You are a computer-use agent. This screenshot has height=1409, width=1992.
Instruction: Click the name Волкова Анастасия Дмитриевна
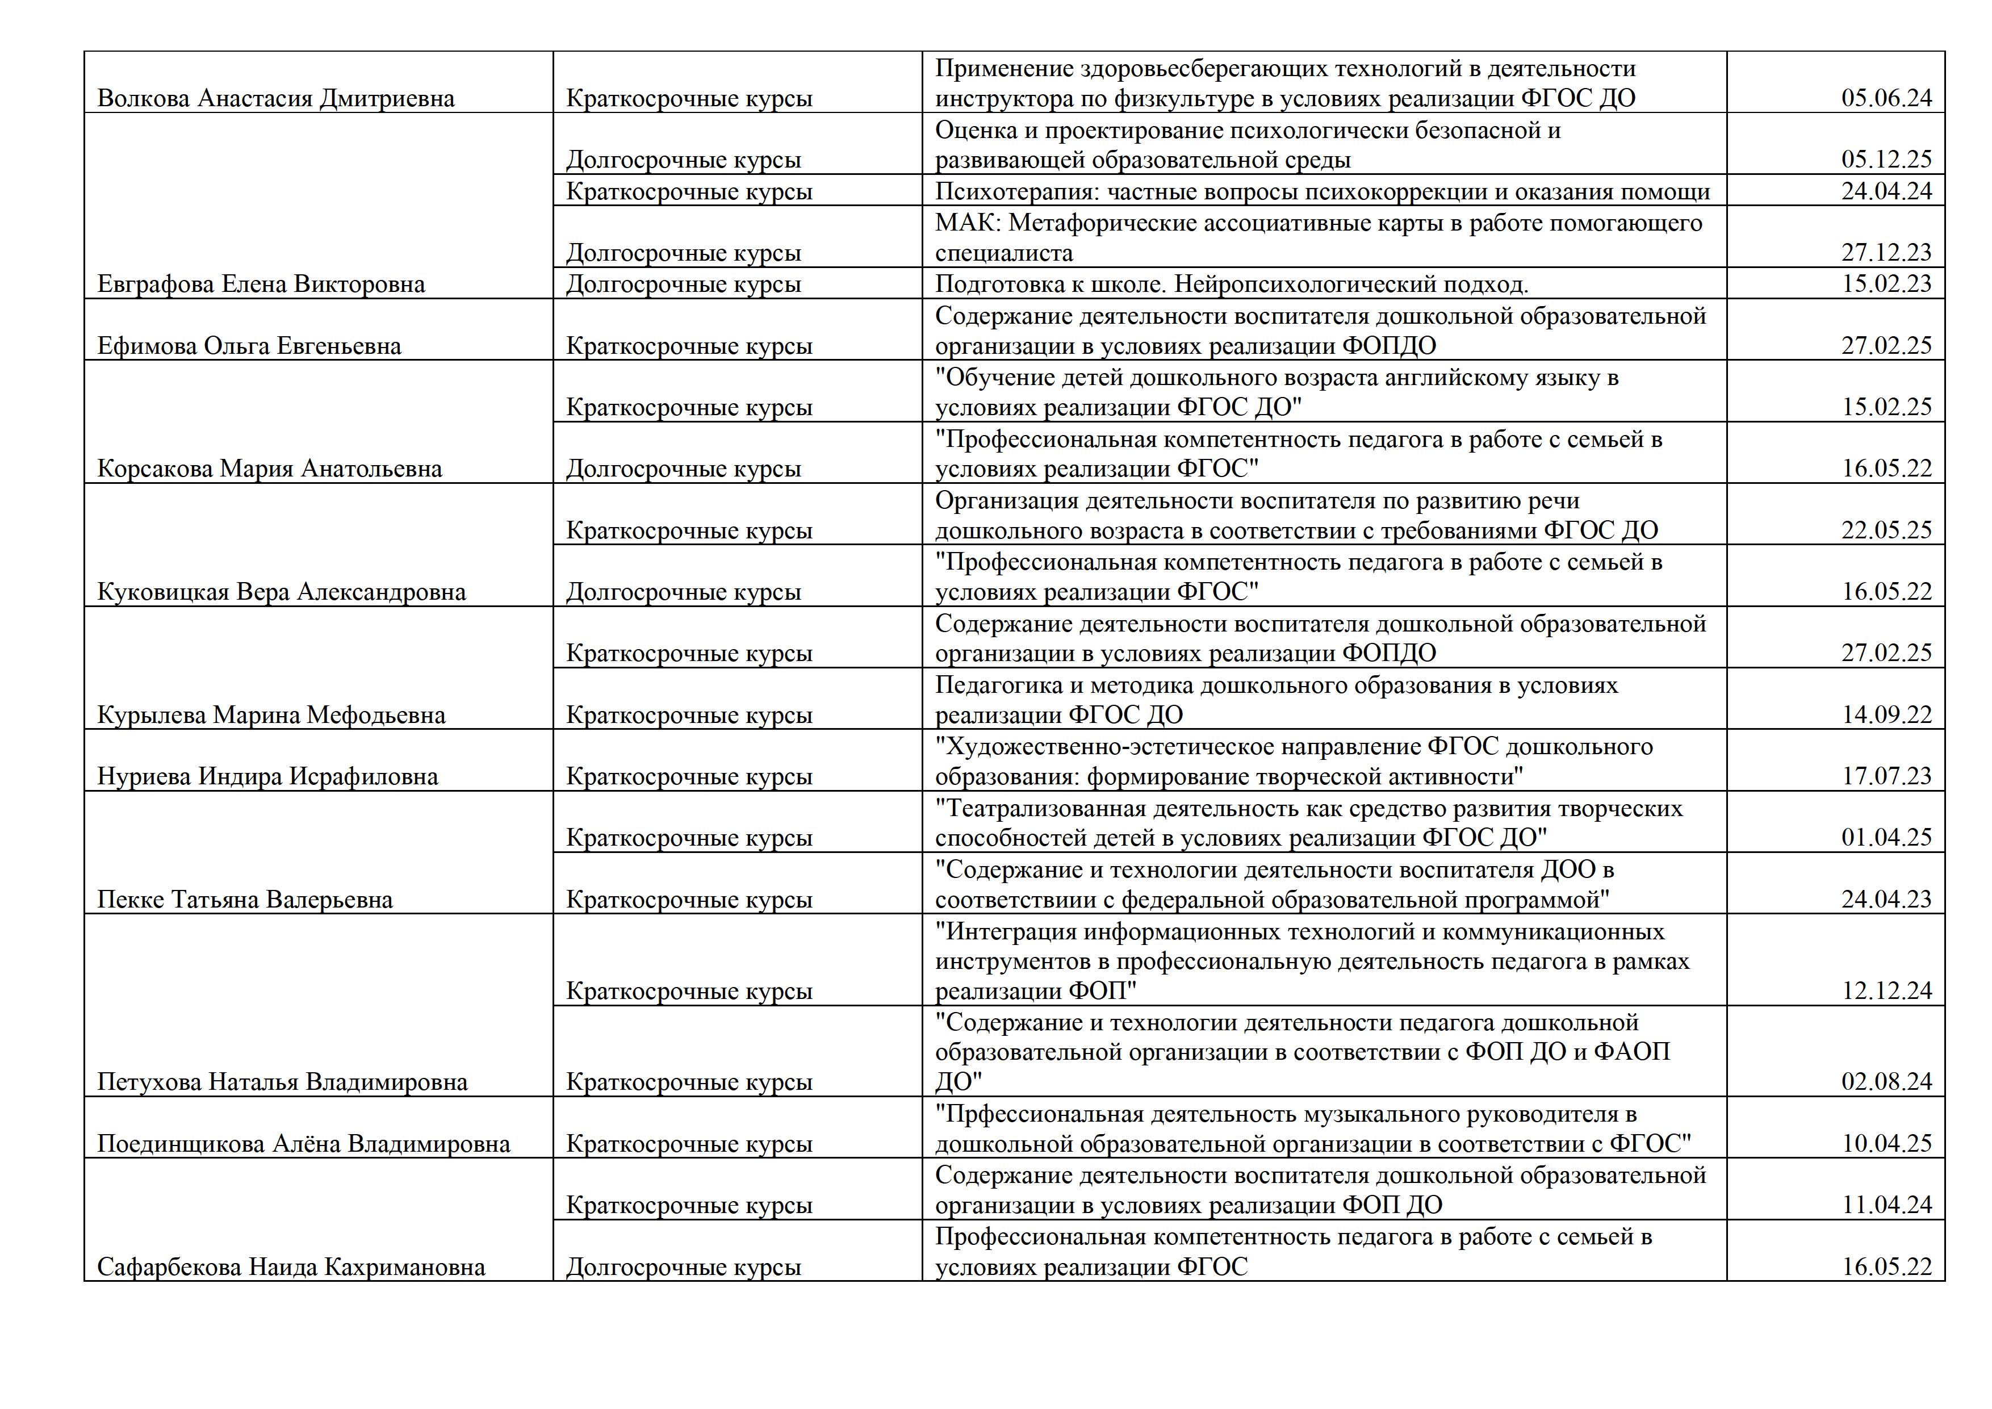276,98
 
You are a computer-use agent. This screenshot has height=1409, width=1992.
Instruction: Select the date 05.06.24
1886,98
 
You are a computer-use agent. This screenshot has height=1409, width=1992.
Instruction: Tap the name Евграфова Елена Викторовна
261,285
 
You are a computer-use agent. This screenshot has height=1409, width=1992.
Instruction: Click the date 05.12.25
1886,160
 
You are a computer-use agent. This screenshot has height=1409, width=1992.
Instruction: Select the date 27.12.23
1886,253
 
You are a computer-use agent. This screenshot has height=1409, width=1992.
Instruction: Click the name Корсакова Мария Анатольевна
270,469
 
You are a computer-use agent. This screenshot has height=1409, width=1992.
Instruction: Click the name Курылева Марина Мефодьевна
271,716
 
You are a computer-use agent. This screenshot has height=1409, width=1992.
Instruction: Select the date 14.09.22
1886,716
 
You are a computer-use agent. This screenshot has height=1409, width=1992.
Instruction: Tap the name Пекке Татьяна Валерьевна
245,900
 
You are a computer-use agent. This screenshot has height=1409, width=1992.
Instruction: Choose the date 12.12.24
1886,991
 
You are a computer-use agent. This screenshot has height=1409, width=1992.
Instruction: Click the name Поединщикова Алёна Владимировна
304,1144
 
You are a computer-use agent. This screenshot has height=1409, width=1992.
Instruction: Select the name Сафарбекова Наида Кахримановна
291,1268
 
